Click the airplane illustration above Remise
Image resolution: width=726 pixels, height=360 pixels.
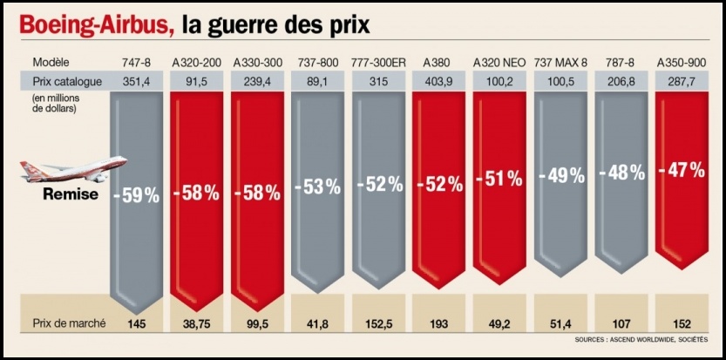coord(73,168)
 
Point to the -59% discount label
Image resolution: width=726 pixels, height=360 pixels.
coord(138,196)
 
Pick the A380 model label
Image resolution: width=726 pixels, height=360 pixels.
coord(436,63)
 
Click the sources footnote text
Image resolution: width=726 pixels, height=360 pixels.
coord(641,339)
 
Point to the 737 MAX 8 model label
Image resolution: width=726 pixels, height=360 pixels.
coord(560,63)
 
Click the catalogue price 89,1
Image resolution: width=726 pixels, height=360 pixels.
coord(318,81)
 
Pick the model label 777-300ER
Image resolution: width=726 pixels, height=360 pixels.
coord(378,63)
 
